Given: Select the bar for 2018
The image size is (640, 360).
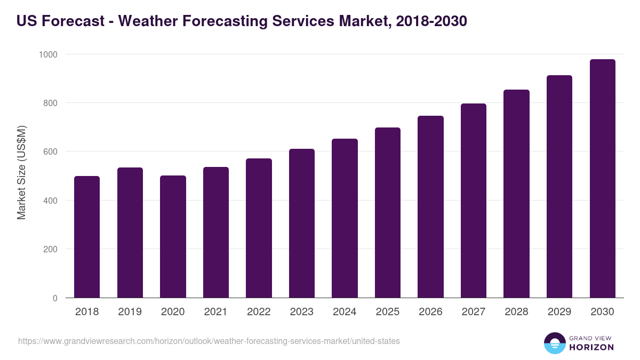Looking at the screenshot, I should click(87, 237).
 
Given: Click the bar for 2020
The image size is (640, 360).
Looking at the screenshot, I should click(173, 237).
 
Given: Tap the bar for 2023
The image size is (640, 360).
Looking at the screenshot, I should click(302, 223).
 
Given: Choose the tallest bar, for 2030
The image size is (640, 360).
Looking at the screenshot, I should click(602, 179).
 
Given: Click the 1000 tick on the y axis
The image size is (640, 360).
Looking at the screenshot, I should click(47, 54).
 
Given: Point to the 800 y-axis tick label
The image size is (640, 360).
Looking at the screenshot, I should click(50, 103).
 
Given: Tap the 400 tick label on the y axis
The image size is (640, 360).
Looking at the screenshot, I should click(50, 201).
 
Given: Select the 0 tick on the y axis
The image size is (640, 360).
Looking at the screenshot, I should click(55, 298).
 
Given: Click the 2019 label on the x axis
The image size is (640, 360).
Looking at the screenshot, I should click(130, 312).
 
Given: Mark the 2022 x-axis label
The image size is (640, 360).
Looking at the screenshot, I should click(259, 312).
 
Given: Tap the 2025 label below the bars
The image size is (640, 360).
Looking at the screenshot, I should click(387, 312).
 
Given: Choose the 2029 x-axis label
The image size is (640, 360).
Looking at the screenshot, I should click(559, 312).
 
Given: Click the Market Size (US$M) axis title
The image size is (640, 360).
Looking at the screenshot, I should click(21, 172).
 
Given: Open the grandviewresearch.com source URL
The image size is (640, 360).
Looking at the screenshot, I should click(209, 341).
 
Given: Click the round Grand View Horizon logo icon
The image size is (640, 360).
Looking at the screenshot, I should click(555, 343).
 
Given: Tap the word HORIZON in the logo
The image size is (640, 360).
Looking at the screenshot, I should click(591, 347).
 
